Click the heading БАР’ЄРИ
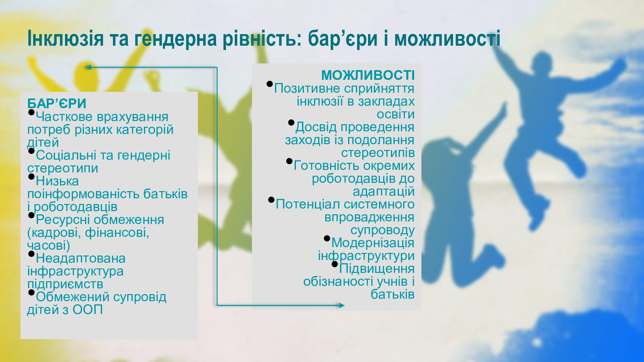[x=57, y=104]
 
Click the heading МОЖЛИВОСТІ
[x=368, y=75]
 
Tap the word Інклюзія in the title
[x=66, y=39]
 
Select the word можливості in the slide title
[x=447, y=39]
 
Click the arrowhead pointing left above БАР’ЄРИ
[x=88, y=67]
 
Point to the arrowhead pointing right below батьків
[x=342, y=305]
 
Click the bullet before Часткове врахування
[x=31, y=112]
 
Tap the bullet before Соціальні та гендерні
[x=31, y=151]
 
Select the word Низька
[x=57, y=181]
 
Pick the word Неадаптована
[x=80, y=258]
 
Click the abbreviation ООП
[x=88, y=310]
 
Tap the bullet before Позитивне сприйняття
[x=270, y=84]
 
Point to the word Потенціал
[x=308, y=204]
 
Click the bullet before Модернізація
[x=327, y=238]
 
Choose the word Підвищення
[x=377, y=269]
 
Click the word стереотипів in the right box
[x=378, y=153]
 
